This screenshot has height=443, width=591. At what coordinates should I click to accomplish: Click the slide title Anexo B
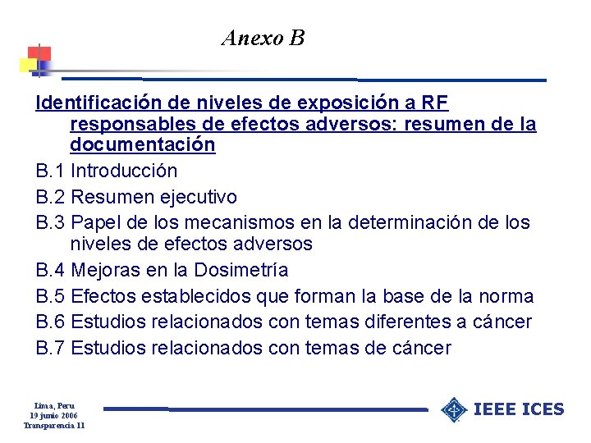(x=263, y=38)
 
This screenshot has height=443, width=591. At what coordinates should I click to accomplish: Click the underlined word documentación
(x=143, y=145)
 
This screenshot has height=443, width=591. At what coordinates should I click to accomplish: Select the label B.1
(x=50, y=171)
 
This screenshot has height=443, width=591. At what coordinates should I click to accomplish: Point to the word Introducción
(x=124, y=171)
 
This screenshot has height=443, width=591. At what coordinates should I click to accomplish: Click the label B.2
(x=50, y=197)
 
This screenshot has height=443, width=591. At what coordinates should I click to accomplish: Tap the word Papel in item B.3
(x=98, y=222)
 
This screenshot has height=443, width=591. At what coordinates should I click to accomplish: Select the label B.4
(x=50, y=270)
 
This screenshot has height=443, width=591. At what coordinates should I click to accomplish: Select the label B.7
(x=50, y=349)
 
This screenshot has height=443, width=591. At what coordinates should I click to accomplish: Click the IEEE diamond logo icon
(x=454, y=409)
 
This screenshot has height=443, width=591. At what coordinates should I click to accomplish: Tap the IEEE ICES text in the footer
(x=520, y=409)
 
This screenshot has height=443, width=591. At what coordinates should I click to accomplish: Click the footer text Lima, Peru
(x=55, y=405)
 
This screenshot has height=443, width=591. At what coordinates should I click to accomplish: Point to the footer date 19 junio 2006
(x=55, y=415)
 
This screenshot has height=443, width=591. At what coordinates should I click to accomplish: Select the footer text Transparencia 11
(x=55, y=425)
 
